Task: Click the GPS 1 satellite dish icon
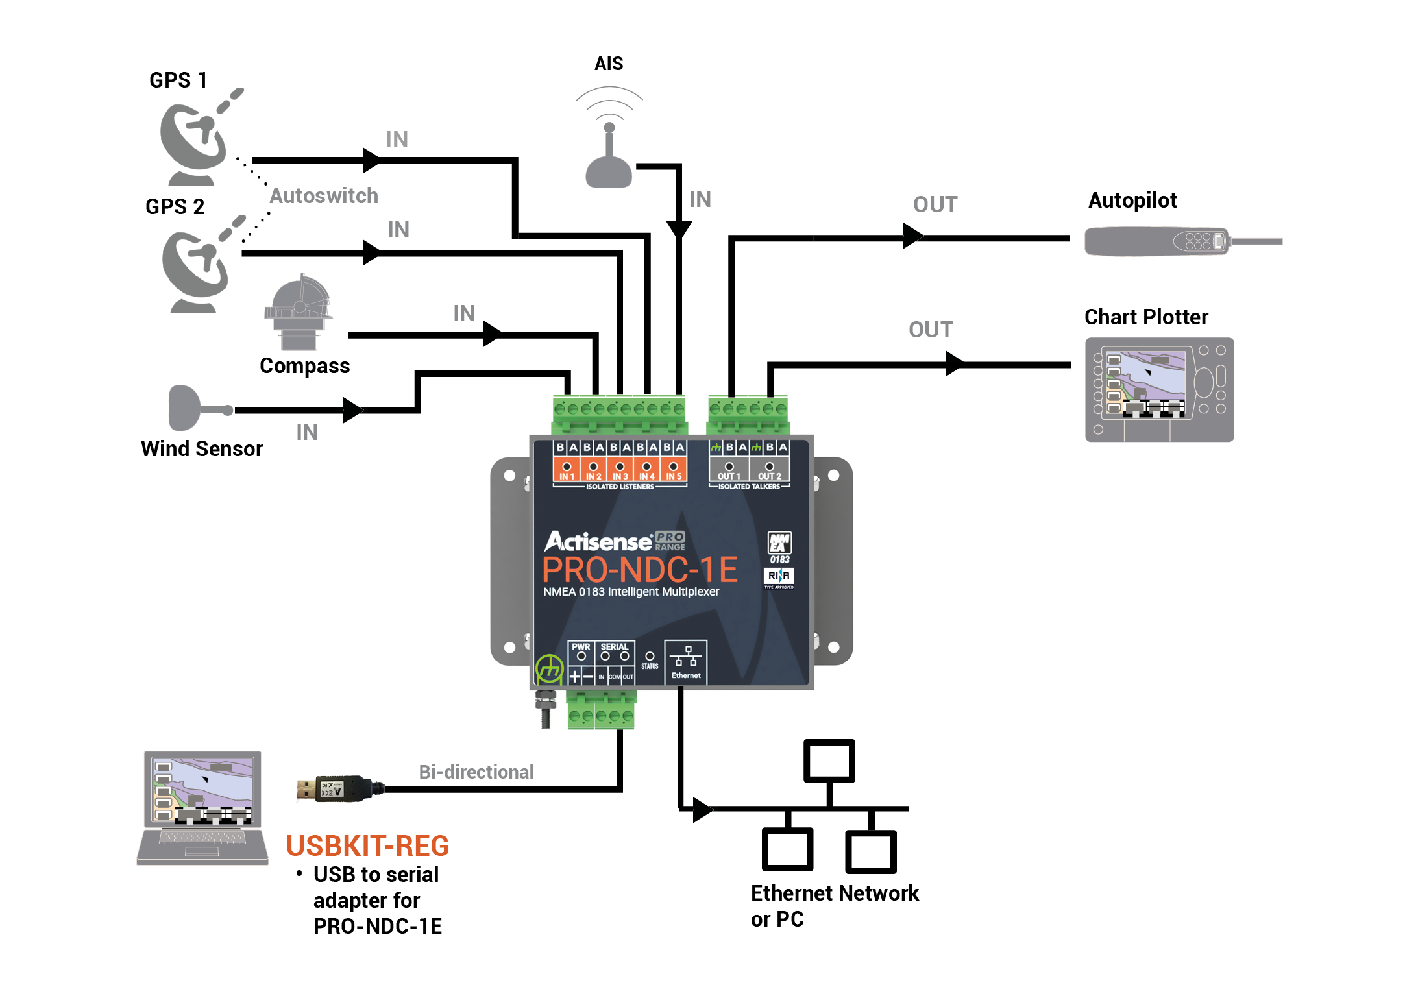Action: tap(195, 140)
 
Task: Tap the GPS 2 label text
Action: tap(175, 206)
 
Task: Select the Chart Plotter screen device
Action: tap(1159, 389)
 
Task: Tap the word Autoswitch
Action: tap(323, 195)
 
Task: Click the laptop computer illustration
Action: tap(202, 807)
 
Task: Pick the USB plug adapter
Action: tap(337, 788)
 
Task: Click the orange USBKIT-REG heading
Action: tap(367, 845)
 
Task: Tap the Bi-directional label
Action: tap(476, 771)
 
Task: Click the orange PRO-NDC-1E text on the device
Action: tap(640, 570)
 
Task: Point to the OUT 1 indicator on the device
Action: tap(729, 470)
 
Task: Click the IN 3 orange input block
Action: tap(620, 470)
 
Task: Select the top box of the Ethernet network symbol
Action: tap(829, 761)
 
